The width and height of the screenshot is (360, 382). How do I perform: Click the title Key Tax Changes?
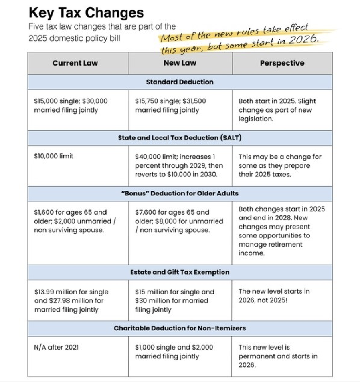point(86,13)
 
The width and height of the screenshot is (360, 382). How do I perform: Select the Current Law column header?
point(75,63)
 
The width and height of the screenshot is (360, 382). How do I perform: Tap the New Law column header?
point(180,63)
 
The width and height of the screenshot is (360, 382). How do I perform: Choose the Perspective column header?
point(282,63)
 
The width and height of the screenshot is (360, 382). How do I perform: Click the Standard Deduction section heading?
point(180,82)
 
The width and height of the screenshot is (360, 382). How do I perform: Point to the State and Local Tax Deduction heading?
point(180,138)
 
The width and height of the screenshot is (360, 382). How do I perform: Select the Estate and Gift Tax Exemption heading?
point(180,272)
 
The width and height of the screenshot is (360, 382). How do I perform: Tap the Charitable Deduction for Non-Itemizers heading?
point(180,328)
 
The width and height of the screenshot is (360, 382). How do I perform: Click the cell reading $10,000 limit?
point(54,156)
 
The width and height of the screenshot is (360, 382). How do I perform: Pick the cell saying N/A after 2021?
point(57,347)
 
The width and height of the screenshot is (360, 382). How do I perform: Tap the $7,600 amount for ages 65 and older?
point(145,213)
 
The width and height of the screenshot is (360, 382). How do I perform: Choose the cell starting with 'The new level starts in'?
point(274,296)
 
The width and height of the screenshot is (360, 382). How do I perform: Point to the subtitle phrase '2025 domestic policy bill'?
point(74,38)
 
